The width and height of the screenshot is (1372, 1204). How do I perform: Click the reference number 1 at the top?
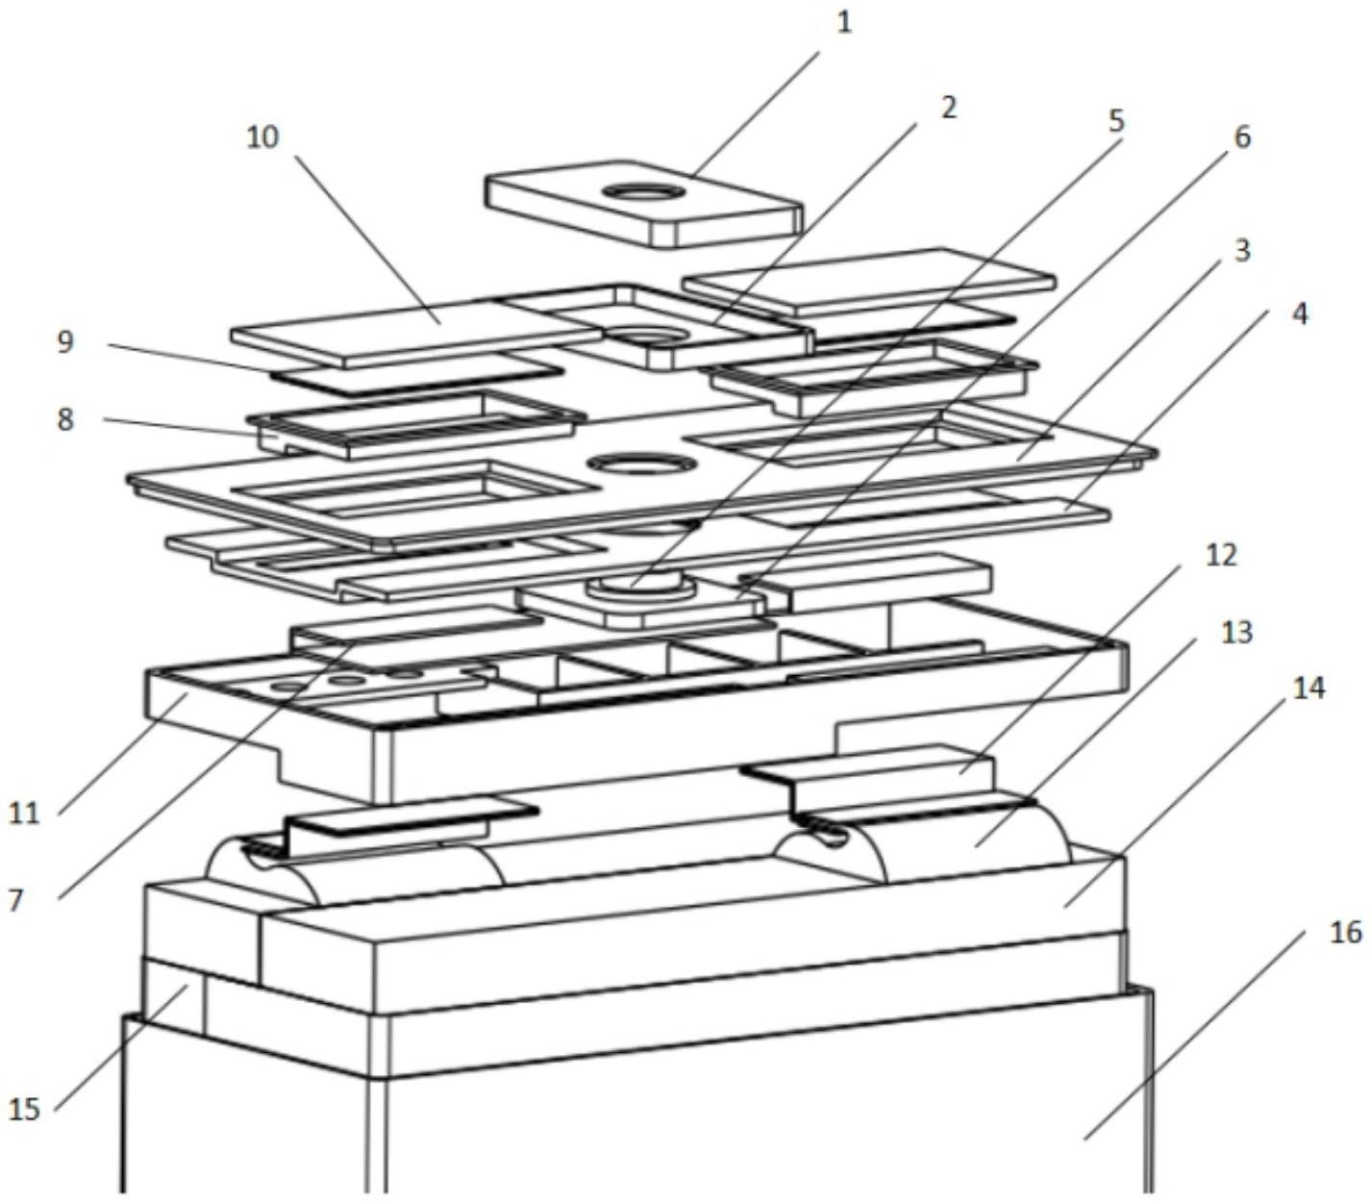[x=844, y=22]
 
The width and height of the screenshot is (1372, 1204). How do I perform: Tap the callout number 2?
[x=948, y=107]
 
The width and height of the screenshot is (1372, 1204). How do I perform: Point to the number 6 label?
[x=1242, y=138]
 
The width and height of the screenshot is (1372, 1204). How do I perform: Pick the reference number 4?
[x=1299, y=313]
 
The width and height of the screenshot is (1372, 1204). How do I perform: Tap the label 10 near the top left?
[x=262, y=138]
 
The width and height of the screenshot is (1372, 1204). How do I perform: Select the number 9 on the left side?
[x=64, y=341]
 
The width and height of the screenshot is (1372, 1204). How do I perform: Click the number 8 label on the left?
[x=64, y=419]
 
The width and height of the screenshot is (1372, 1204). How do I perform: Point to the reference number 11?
[x=24, y=813]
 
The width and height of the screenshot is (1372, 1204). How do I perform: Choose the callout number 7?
[x=16, y=900]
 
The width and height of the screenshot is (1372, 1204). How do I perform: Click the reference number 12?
[x=1221, y=555]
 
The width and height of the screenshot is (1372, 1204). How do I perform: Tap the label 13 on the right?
[x=1237, y=632]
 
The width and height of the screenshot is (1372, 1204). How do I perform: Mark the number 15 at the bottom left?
[x=24, y=1109]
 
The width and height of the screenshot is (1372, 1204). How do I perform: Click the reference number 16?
[x=1347, y=931]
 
